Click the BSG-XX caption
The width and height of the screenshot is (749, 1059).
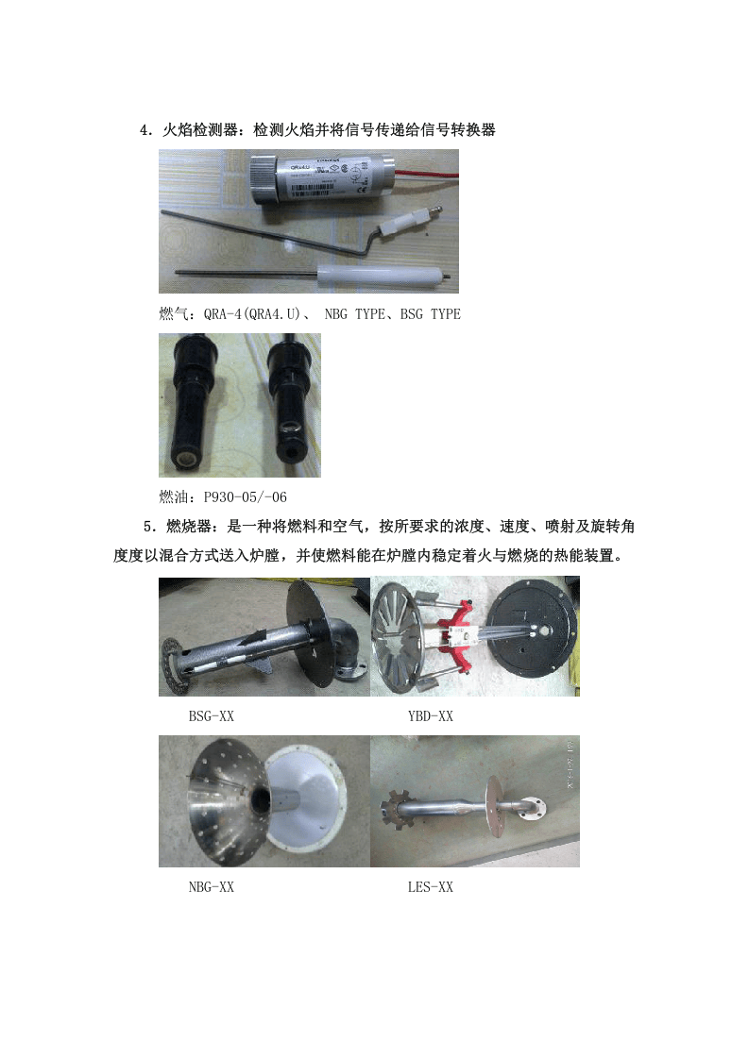coord(211,716)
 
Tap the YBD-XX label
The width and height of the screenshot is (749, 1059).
coord(430,716)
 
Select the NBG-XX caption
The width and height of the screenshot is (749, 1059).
coord(211,887)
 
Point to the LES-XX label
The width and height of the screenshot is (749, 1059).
coord(430,887)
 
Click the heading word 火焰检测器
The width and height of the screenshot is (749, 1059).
coord(203,130)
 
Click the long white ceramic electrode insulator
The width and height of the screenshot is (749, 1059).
coord(377,277)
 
